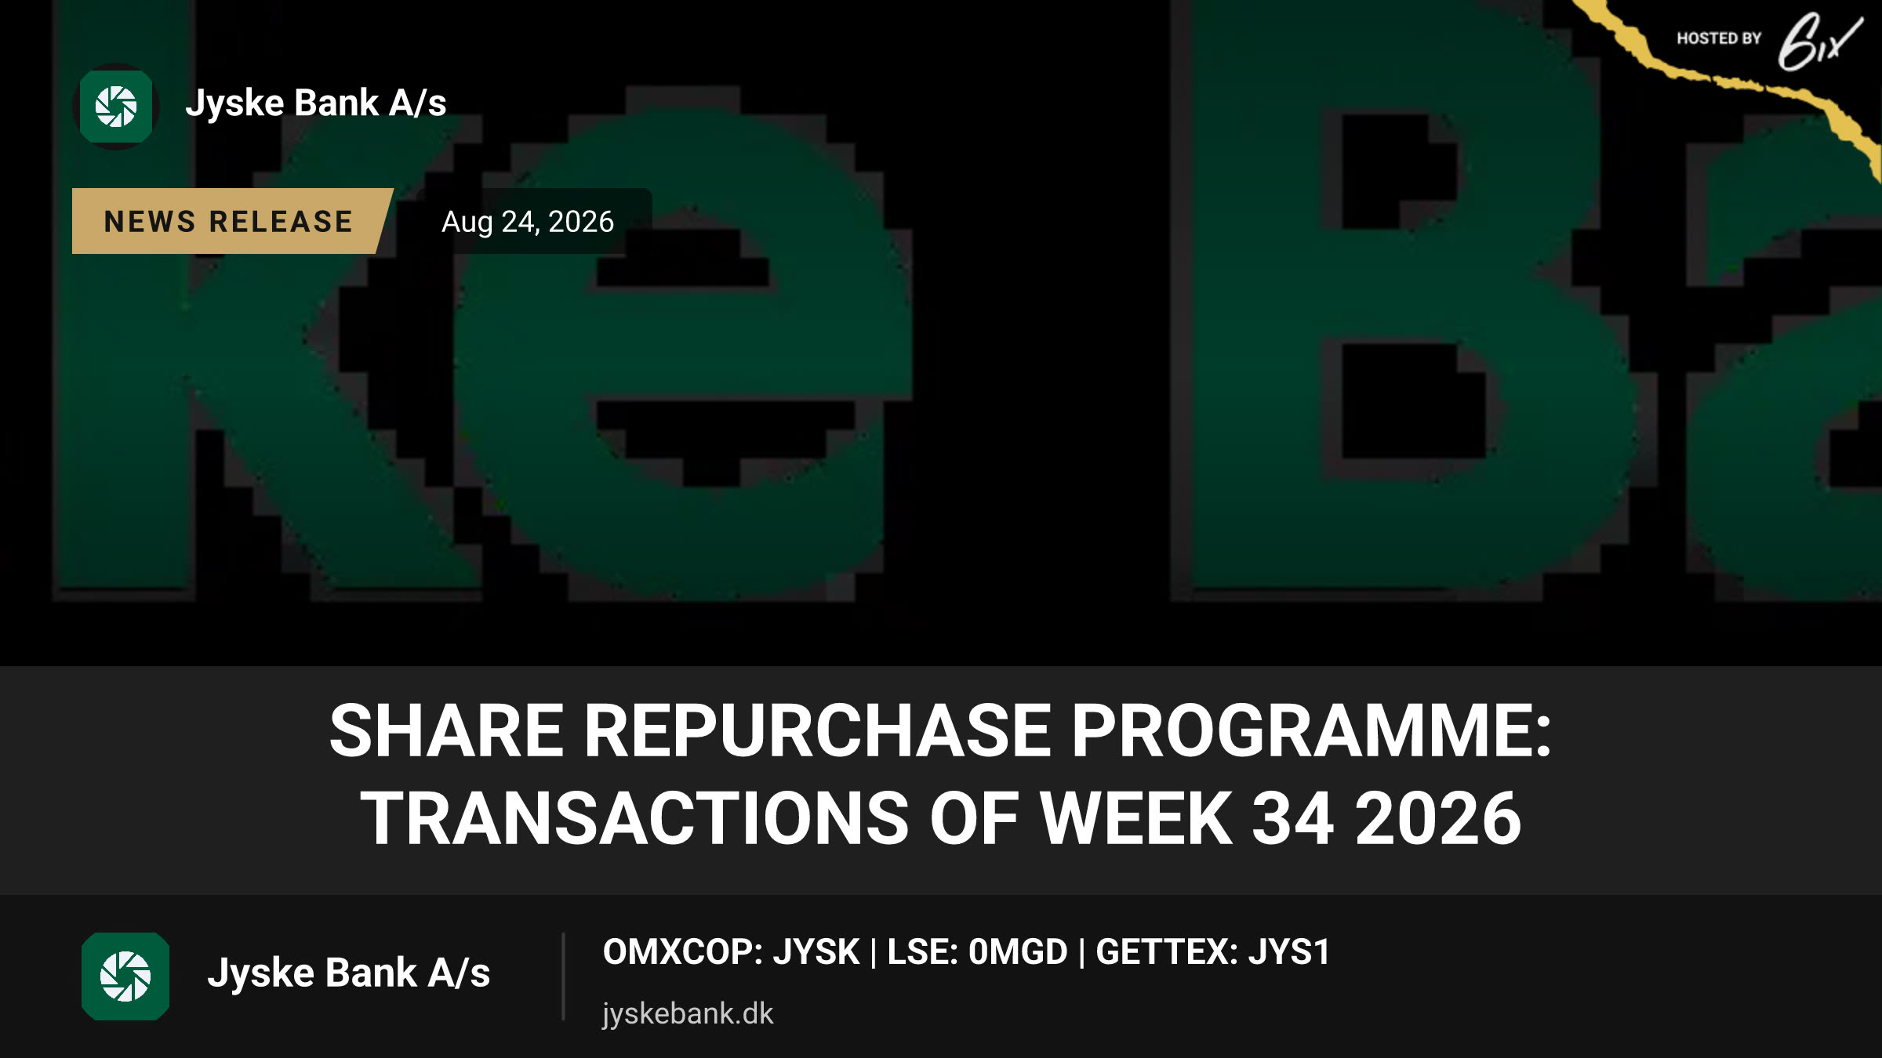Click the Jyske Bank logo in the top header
(x=116, y=107)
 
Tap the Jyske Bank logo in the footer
(x=125, y=976)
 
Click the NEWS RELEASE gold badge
(x=229, y=221)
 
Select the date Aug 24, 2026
(x=528, y=222)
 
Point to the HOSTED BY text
(x=1719, y=38)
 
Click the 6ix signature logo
(x=1819, y=42)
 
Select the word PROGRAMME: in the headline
(x=1312, y=730)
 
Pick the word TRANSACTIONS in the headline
(x=634, y=818)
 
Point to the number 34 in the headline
(x=1293, y=818)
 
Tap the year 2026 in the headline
(x=1438, y=818)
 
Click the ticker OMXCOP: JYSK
(x=731, y=952)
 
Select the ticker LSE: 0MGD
(x=978, y=952)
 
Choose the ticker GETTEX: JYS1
(x=1213, y=952)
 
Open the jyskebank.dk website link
(x=688, y=1014)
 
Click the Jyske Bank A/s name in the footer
(x=349, y=973)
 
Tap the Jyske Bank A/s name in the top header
(x=316, y=103)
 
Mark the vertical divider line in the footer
(x=563, y=976)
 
